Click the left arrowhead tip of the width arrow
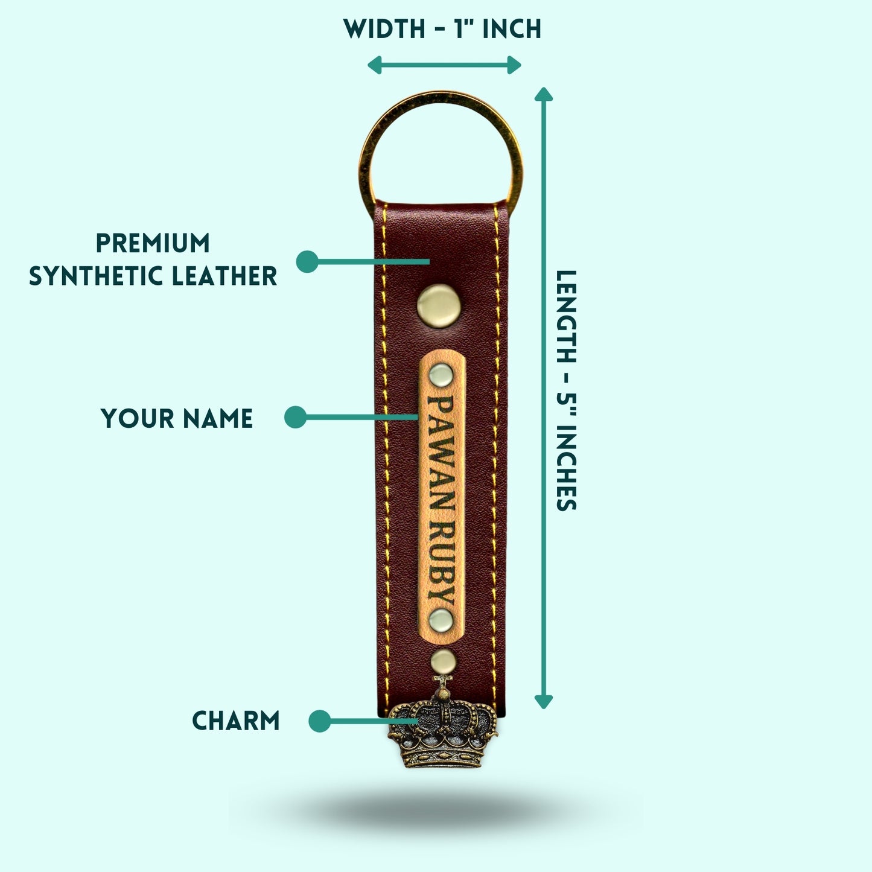pos(368,65)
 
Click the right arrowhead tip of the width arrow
pos(521,65)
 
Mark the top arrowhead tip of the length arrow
pos(544,88)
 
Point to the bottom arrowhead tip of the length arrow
pos(544,708)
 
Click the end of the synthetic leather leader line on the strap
pos(429,261)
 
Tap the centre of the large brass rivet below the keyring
pos(439,306)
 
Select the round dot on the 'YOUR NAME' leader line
pos(296,417)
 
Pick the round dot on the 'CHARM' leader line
pos(319,721)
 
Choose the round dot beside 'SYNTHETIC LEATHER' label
pos(307,261)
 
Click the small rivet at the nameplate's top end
pos(441,375)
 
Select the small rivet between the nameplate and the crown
pos(443,661)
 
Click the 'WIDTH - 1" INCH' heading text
pos(442,29)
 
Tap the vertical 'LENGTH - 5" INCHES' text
pos(565,390)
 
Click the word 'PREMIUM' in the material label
pos(153,243)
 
